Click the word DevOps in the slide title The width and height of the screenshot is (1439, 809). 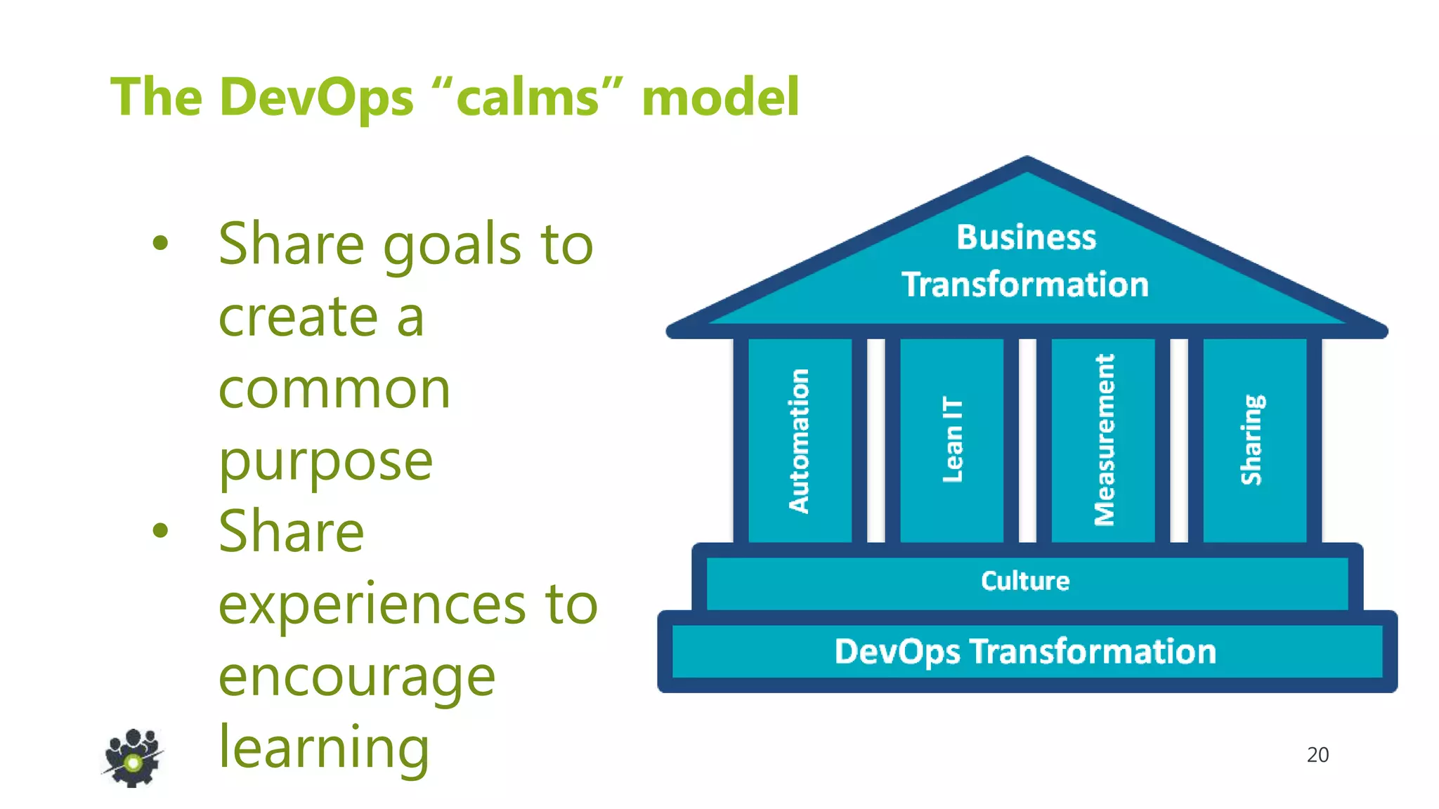click(x=316, y=97)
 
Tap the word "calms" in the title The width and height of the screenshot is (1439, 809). click(x=527, y=97)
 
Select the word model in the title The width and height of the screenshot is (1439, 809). click(x=720, y=97)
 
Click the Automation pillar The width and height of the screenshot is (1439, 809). click(x=800, y=440)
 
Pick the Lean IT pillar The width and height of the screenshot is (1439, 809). click(x=952, y=440)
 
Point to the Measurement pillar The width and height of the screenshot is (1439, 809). click(x=1104, y=440)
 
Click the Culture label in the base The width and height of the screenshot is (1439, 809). click(x=1025, y=581)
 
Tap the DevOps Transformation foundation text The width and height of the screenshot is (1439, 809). click(x=1025, y=651)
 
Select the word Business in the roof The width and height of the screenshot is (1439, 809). click(x=1026, y=237)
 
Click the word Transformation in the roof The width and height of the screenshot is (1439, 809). click(x=1025, y=284)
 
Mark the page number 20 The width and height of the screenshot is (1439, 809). click(x=1317, y=754)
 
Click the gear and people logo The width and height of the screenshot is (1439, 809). click(x=133, y=758)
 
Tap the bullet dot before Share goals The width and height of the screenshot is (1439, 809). click(x=161, y=243)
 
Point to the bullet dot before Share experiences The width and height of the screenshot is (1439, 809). click(x=161, y=530)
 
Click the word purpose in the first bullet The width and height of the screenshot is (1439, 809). click(x=325, y=461)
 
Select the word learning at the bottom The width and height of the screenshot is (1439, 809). click(x=324, y=748)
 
